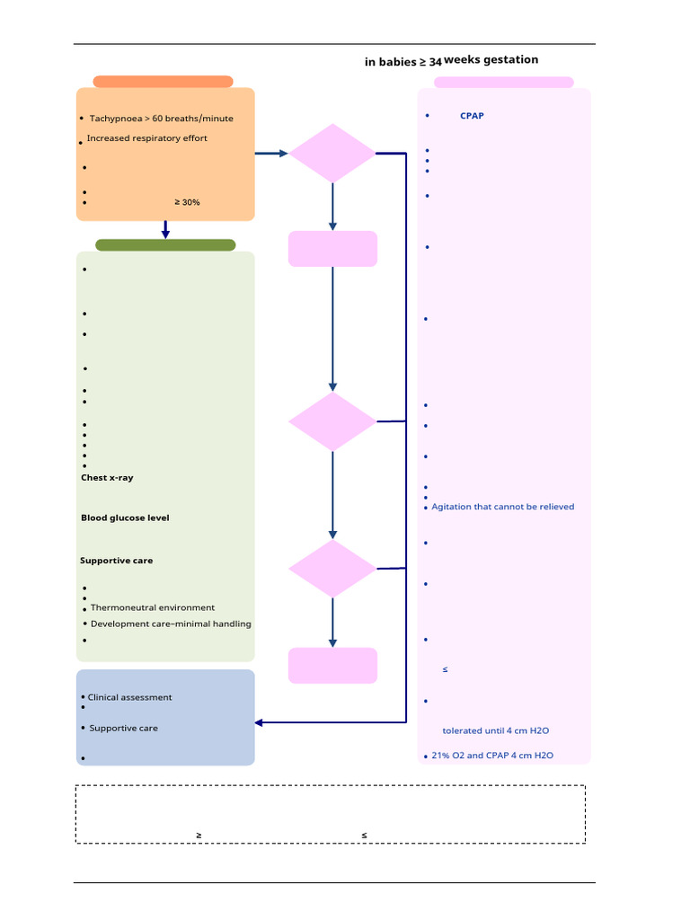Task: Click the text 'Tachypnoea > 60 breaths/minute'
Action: [x=161, y=119]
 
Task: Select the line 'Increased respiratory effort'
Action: [x=146, y=138]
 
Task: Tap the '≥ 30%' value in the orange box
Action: [x=187, y=202]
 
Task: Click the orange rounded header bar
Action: [x=163, y=82]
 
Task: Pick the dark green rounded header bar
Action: [x=165, y=245]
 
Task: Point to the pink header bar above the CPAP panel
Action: [x=503, y=83]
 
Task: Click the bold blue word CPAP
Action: [x=472, y=116]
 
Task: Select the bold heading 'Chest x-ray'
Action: [x=107, y=478]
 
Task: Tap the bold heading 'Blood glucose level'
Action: [x=125, y=517]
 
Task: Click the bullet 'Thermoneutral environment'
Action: [x=153, y=608]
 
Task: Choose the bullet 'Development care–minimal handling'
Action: [x=171, y=624]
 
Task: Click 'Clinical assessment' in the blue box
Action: [x=129, y=697]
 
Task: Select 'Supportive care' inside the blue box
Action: [x=123, y=728]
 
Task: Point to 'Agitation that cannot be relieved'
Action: [x=502, y=507]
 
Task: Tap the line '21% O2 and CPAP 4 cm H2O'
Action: [x=492, y=756]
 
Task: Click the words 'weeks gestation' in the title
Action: [x=491, y=59]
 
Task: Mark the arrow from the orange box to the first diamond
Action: [x=270, y=154]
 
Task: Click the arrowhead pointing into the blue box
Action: [x=261, y=722]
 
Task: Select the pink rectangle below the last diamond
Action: [x=332, y=666]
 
